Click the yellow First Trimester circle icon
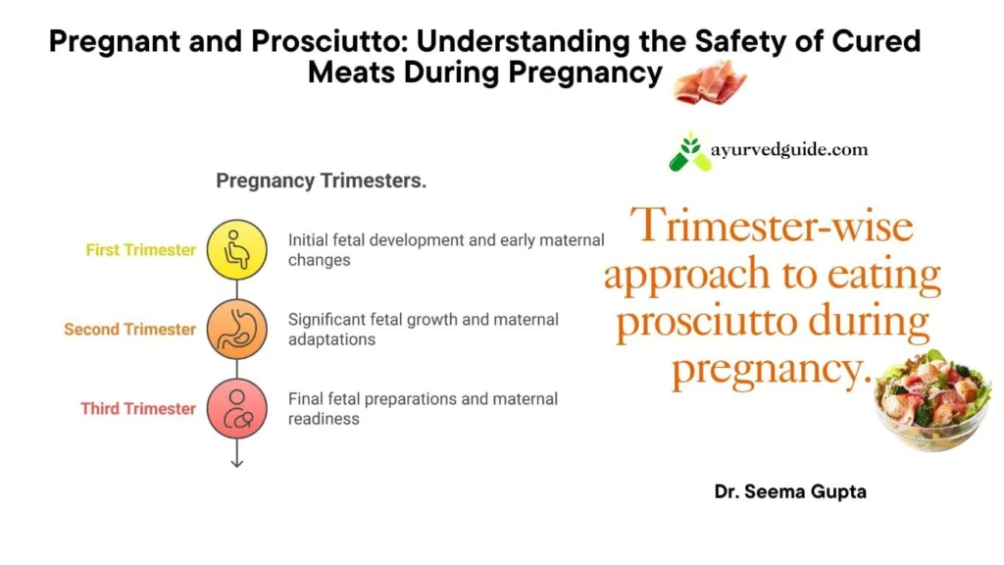237,250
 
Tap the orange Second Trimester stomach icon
237,330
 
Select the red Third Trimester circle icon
237,409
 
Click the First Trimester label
141,250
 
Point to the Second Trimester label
129,330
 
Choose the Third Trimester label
137,409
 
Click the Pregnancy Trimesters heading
321,180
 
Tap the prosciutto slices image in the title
710,82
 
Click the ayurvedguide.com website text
789,150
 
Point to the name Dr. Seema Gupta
790,492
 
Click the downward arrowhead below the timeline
237,463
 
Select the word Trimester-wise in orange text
772,226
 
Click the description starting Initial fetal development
446,250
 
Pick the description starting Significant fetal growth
424,330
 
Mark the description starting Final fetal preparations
423,409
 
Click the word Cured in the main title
876,41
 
